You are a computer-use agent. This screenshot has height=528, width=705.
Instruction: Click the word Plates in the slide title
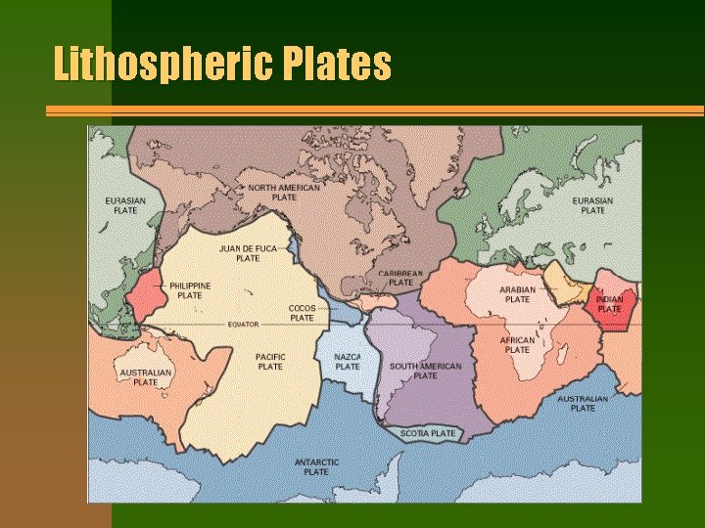(x=338, y=64)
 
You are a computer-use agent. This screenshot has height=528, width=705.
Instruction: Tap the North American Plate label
(x=284, y=192)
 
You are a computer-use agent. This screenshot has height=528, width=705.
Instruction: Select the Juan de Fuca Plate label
(x=248, y=253)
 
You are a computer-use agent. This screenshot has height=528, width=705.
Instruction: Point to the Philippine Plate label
(x=190, y=290)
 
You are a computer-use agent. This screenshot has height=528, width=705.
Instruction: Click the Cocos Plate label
(x=302, y=313)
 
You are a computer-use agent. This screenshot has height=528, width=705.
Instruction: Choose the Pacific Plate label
(x=270, y=362)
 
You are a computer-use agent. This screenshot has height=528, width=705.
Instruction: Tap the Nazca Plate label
(x=348, y=362)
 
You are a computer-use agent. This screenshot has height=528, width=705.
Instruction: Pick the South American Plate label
(x=425, y=371)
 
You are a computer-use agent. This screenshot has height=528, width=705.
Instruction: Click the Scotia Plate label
(x=428, y=433)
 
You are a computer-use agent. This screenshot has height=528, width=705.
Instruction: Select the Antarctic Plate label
(x=316, y=467)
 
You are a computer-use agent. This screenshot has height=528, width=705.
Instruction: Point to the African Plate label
(x=517, y=345)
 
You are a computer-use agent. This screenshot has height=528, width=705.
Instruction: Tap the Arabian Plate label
(x=517, y=294)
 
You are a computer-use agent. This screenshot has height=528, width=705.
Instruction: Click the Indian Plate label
(x=609, y=304)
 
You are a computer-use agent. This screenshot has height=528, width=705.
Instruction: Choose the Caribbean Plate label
(x=401, y=278)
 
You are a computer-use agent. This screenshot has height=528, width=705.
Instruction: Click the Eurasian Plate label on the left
(x=125, y=205)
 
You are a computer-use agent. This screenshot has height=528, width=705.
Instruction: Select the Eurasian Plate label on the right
(x=592, y=205)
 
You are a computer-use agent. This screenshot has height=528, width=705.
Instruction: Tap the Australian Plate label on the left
(x=145, y=377)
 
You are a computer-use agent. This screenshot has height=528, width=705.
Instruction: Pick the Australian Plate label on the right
(x=583, y=403)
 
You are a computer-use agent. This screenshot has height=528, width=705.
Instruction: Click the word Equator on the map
(x=243, y=324)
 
